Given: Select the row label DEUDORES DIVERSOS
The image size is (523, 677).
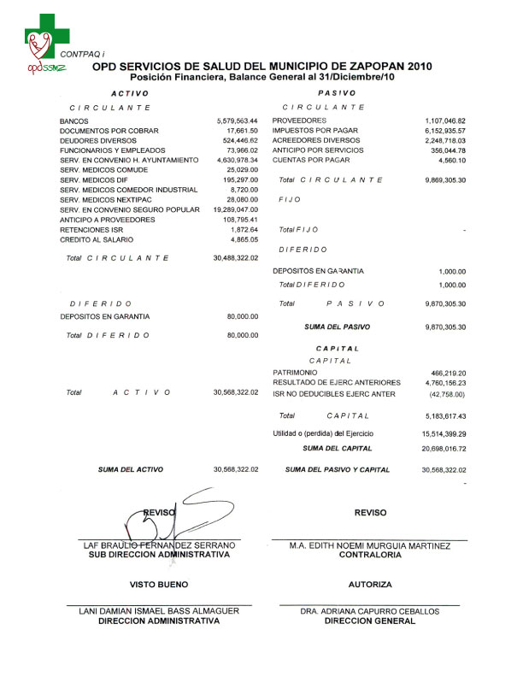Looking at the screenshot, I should (x=97, y=140).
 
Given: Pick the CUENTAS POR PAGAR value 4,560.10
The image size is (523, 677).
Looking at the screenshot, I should (x=450, y=160).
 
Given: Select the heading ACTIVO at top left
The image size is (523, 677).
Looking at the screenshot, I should (x=130, y=92).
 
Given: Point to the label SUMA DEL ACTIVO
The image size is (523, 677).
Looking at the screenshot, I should (x=130, y=469).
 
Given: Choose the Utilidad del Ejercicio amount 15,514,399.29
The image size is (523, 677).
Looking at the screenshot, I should (x=444, y=435).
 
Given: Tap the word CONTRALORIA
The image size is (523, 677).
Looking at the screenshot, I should (x=370, y=555).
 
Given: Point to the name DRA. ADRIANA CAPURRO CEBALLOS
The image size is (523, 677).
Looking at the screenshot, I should (x=370, y=612).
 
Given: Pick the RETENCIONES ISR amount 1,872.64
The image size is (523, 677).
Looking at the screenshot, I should (x=244, y=230).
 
